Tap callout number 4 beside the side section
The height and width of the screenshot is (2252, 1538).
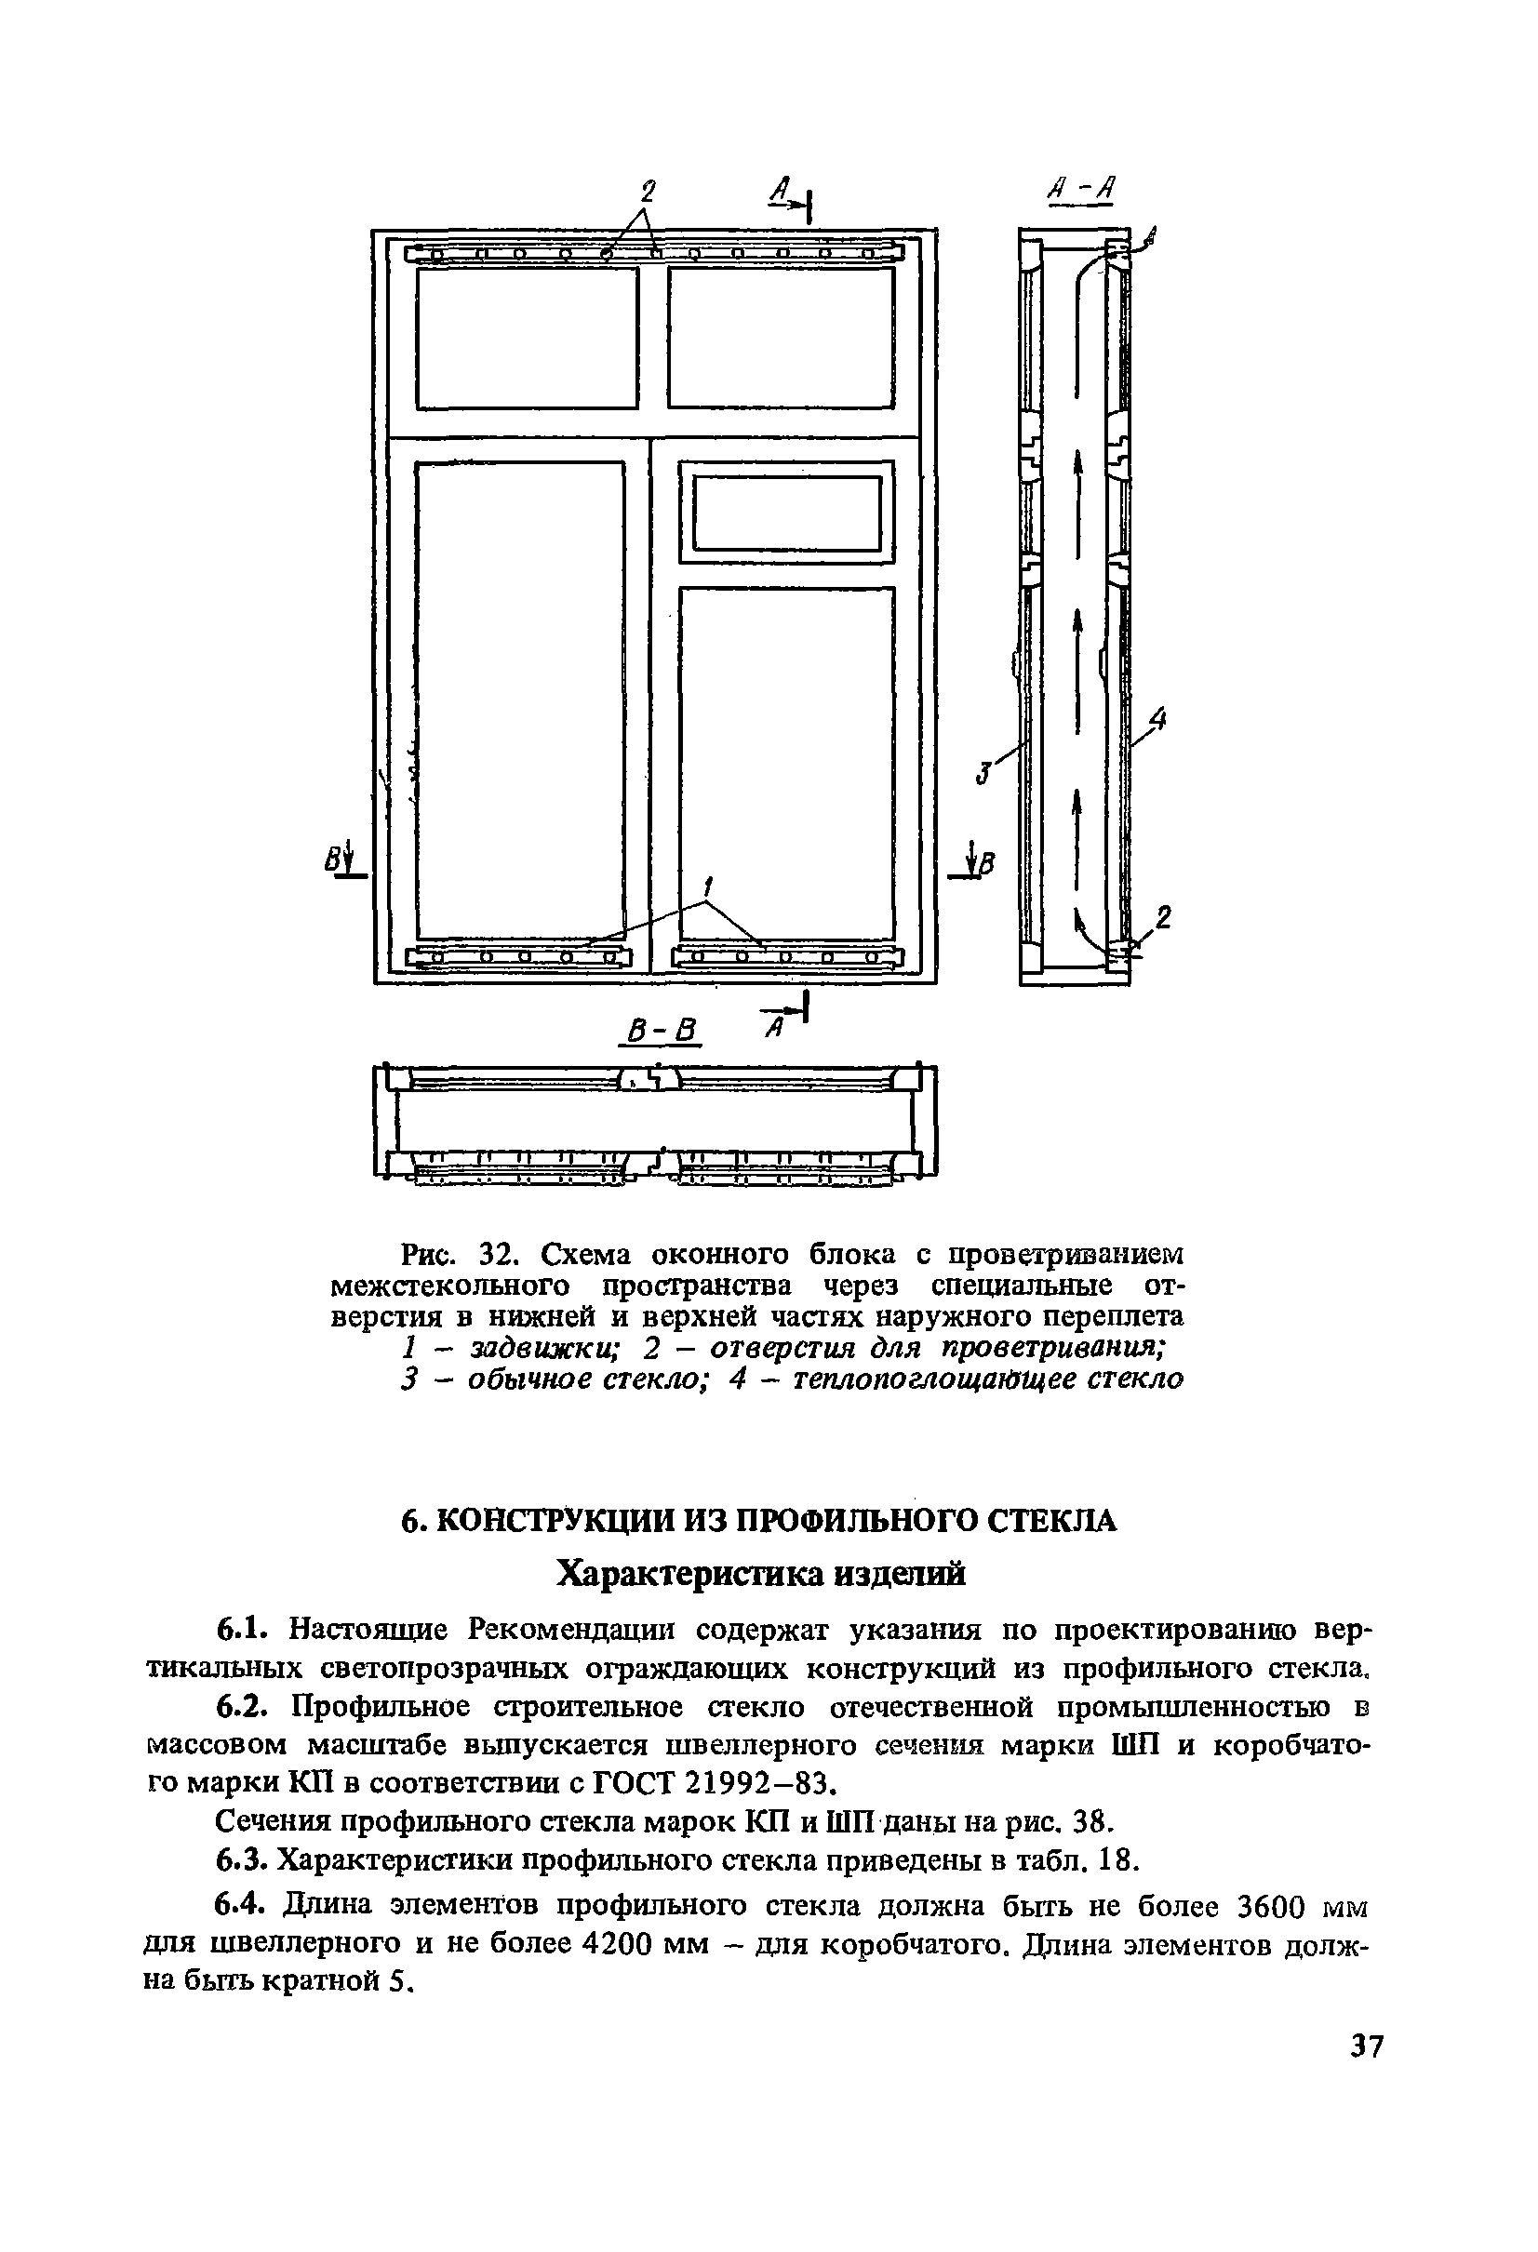(1157, 719)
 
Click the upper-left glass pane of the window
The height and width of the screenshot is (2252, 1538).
(528, 338)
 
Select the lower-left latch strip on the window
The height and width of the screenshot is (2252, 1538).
(520, 958)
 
